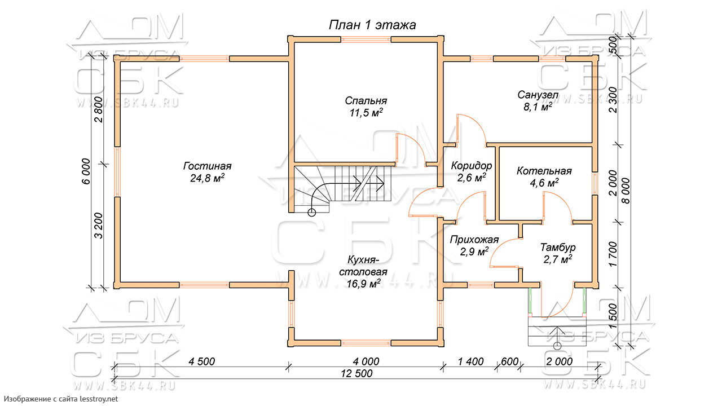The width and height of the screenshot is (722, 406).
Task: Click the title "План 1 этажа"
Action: [x=372, y=25]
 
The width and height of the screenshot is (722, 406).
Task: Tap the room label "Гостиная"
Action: [x=207, y=166]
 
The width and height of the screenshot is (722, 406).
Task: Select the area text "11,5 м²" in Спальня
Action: [x=366, y=113]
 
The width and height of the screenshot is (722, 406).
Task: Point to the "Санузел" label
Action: [x=538, y=95]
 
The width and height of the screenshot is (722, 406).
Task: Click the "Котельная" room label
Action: [x=544, y=171]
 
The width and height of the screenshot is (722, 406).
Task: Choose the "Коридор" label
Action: [x=471, y=166]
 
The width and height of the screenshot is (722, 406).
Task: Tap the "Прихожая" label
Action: [x=474, y=240]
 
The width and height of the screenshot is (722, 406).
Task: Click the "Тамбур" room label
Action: [x=558, y=247]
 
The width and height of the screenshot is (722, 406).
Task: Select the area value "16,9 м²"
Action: [x=364, y=284]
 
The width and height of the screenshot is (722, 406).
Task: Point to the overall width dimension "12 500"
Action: [x=356, y=373]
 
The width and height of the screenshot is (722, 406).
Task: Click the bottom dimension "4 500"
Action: [x=202, y=361]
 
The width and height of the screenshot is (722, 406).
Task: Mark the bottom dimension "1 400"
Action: [x=470, y=361]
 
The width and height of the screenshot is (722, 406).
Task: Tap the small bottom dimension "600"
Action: [x=509, y=361]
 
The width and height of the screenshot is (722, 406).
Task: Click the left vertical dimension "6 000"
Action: [x=86, y=171]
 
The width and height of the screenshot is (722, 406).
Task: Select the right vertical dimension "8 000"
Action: [x=626, y=191]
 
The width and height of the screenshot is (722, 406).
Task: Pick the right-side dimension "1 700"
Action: [x=613, y=254]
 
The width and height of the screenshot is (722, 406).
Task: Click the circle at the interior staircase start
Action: [x=312, y=213]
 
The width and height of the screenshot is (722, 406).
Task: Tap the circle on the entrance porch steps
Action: [x=557, y=346]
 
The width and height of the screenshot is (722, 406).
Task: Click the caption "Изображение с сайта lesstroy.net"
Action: [x=61, y=399]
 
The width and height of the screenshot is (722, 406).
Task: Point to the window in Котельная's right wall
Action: [x=595, y=184]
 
